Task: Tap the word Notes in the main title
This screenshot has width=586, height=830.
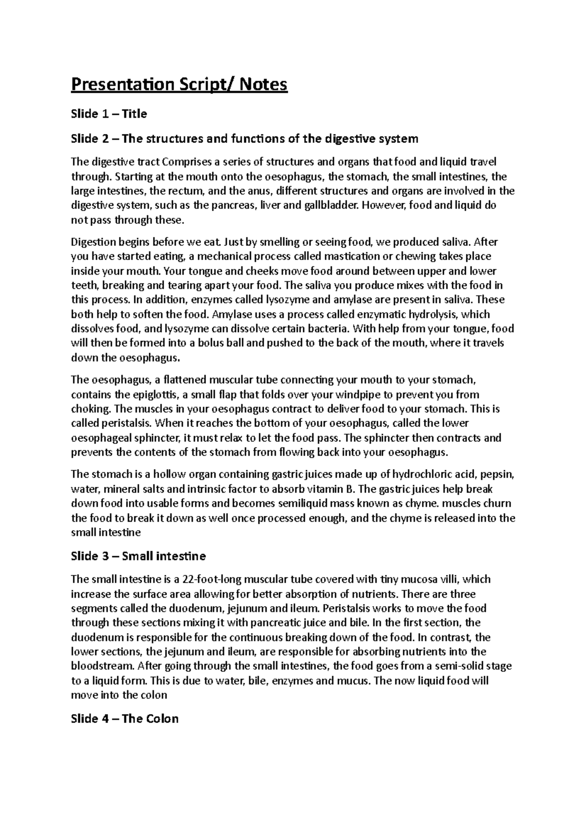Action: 264,85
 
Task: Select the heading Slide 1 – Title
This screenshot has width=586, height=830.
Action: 109,114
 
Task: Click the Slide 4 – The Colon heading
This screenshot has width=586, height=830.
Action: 125,719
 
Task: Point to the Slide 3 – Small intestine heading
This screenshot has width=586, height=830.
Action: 138,556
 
